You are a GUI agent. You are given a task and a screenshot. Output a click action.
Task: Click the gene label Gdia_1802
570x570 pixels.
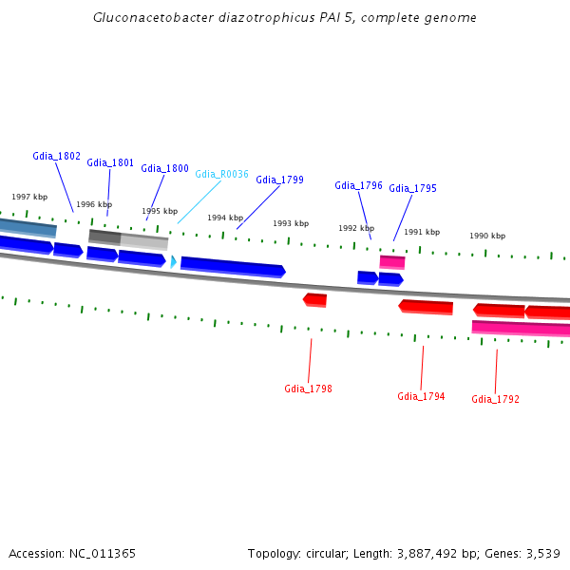pyautogui.click(x=56, y=156)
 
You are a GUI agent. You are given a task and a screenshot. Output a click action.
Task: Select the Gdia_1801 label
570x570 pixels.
pyautogui.click(x=110, y=162)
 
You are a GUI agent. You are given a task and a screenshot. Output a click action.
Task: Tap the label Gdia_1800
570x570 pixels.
pyautogui.click(x=164, y=168)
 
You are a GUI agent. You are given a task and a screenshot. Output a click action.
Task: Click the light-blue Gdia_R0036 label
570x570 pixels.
pyautogui.click(x=221, y=174)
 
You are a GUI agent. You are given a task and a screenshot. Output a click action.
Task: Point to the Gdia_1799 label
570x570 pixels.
pyautogui.click(x=279, y=180)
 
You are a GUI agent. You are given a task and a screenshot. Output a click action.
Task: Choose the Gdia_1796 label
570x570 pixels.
pyautogui.click(x=358, y=185)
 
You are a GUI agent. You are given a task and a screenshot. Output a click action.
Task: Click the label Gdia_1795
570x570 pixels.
pyautogui.click(x=412, y=188)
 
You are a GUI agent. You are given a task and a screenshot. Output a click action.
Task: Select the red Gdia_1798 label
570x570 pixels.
pyautogui.click(x=308, y=389)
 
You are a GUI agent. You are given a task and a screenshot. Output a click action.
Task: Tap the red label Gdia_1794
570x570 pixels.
pyautogui.click(x=421, y=396)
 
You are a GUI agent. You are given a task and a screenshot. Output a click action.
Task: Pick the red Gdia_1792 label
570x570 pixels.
pyautogui.click(x=495, y=399)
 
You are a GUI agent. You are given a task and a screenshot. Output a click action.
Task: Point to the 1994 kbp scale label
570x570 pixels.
pyautogui.click(x=225, y=218)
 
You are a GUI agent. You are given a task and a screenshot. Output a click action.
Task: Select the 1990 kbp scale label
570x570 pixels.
pyautogui.click(x=487, y=236)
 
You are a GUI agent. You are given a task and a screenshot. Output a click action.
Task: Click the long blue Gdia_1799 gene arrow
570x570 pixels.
pyautogui.click(x=233, y=266)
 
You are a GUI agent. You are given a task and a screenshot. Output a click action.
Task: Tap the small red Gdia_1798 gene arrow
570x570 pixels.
pyautogui.click(x=315, y=300)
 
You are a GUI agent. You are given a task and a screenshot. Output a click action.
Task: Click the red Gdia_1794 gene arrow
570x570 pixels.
pyautogui.click(x=426, y=307)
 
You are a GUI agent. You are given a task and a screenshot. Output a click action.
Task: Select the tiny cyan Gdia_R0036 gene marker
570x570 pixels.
pyautogui.click(x=173, y=261)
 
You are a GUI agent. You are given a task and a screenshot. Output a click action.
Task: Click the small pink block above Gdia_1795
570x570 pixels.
pyautogui.click(x=392, y=261)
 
